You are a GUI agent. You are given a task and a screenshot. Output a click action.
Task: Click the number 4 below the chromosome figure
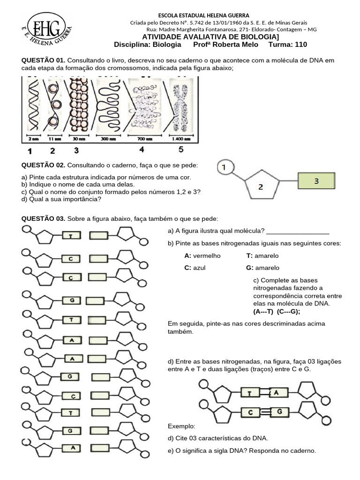tap(141, 150)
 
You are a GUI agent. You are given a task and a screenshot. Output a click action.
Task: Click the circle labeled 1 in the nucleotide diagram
tap(225, 167)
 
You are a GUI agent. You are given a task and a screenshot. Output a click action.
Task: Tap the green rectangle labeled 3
tap(316, 181)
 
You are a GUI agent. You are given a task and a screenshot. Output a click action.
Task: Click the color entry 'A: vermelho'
tap(202, 255)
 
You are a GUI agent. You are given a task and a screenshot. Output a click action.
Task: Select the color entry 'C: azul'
tap(195, 268)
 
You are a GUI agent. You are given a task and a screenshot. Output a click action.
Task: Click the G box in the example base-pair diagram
tap(279, 412)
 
